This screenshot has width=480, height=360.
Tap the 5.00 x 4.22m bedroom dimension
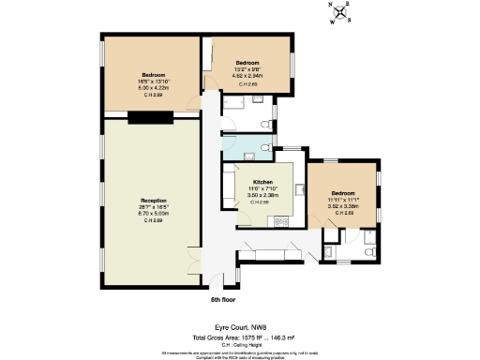coord(152,89)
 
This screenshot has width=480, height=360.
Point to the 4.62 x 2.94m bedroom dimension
coord(248,72)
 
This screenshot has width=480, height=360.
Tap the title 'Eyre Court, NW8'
coord(239,324)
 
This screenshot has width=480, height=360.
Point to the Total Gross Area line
coord(239,335)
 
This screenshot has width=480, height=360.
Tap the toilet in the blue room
coord(267,147)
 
